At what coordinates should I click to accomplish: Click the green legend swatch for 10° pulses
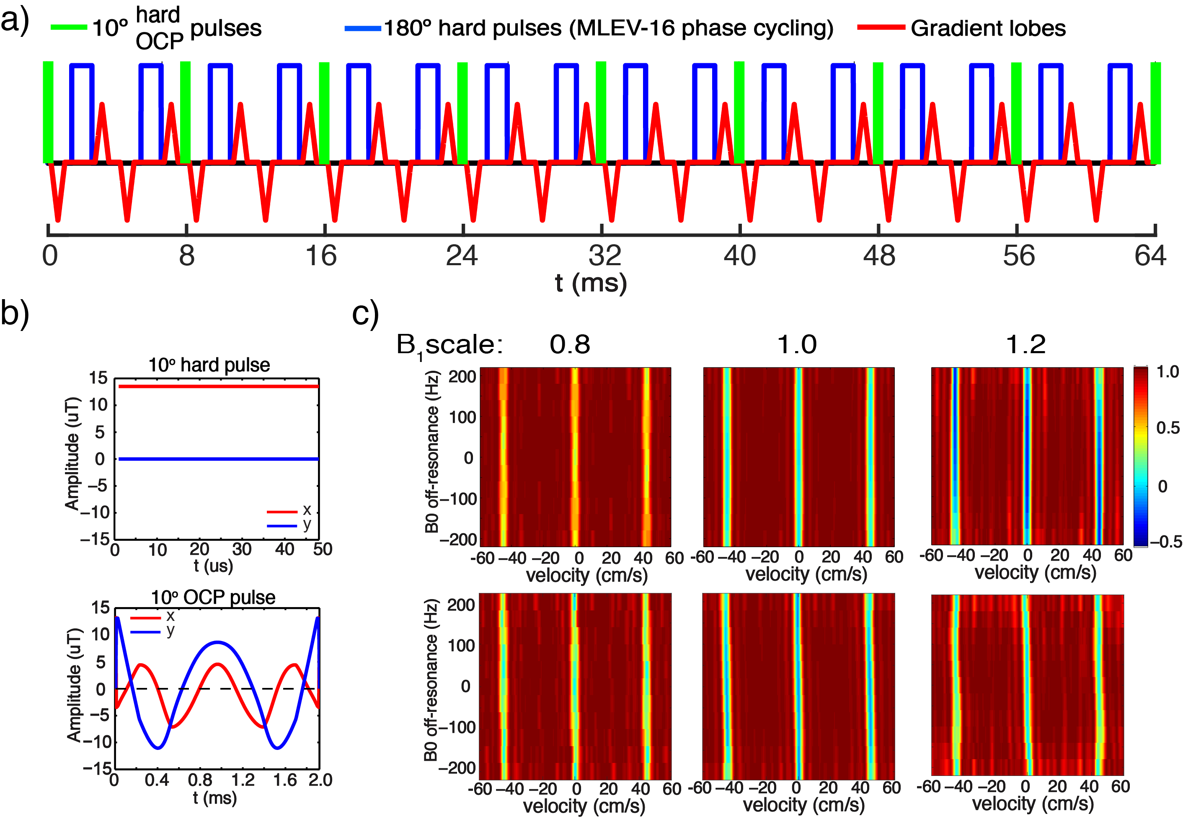pos(69,27)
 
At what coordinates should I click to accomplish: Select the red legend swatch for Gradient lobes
pos(881,27)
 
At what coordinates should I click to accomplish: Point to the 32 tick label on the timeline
pos(604,256)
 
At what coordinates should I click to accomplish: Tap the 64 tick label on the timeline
pos(1149,256)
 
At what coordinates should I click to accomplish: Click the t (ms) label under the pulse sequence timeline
pos(591,283)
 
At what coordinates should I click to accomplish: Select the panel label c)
pos(365,313)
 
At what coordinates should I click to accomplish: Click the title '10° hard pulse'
pos(209,364)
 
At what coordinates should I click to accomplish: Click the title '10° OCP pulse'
pos(213,597)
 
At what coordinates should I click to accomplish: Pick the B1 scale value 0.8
pos(569,344)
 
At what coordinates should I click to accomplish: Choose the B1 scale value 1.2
pos(1025,344)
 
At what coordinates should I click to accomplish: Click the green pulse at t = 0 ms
pos(48,112)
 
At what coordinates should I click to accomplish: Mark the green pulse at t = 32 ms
pos(601,112)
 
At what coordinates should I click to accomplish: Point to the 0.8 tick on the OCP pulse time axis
pos(200,780)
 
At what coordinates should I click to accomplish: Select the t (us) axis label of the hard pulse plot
pos(213,566)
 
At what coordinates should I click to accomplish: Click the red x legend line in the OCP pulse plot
pos(146,618)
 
